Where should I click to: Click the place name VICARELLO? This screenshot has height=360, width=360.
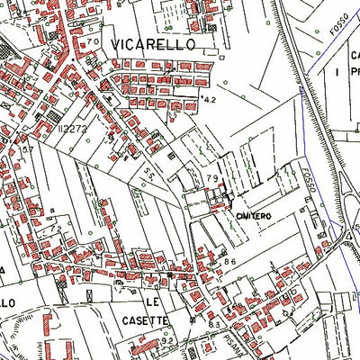pos(166,43)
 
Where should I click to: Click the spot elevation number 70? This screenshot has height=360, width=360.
pos(92,42)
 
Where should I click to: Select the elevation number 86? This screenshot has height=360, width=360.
pos(229,262)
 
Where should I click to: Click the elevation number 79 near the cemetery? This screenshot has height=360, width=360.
pos(211,178)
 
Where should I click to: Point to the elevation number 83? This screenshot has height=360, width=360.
pos(214,323)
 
